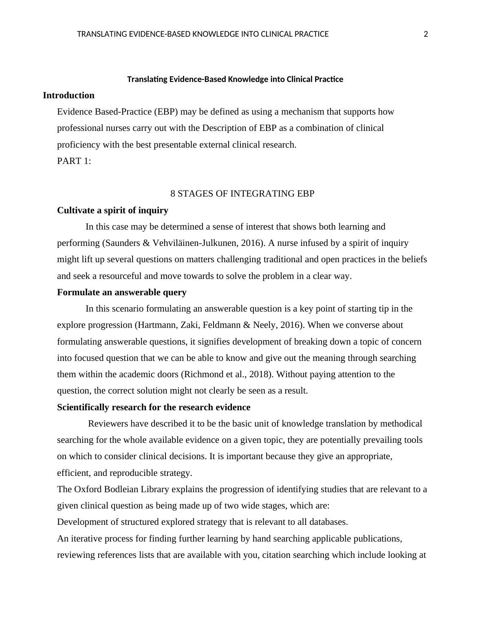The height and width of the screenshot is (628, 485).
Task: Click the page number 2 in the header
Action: coord(426,34)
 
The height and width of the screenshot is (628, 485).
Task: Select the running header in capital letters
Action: coord(203,34)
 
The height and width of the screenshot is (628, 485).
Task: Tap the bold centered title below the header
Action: coord(235,79)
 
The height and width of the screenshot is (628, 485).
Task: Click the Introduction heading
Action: coord(68,95)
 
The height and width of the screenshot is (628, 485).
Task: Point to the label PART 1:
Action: coord(74,161)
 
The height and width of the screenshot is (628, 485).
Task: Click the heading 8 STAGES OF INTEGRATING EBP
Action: coord(242,194)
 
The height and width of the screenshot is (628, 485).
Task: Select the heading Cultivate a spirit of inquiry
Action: coord(112,210)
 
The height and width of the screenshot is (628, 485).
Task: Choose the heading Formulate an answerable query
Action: coord(122,292)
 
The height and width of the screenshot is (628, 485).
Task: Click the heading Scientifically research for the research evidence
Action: coord(154,407)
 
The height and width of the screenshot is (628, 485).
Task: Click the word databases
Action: coord(328,522)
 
